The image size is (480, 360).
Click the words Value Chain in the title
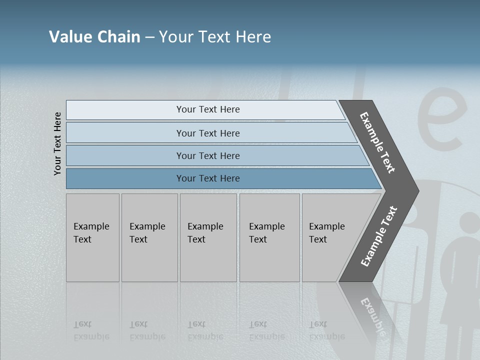(x=94, y=37)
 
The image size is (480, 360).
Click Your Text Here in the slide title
(x=215, y=37)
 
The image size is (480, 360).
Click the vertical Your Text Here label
(x=57, y=143)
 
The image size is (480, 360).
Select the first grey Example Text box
(x=92, y=237)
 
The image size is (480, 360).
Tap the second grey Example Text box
(x=149, y=237)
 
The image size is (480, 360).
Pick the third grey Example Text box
(x=208, y=237)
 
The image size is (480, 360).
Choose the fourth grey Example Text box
(x=269, y=237)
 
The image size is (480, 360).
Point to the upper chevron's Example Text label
(x=377, y=142)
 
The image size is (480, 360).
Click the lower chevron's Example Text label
(x=379, y=236)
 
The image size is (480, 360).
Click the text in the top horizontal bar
(x=208, y=109)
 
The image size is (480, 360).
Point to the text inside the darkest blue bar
(x=208, y=178)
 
